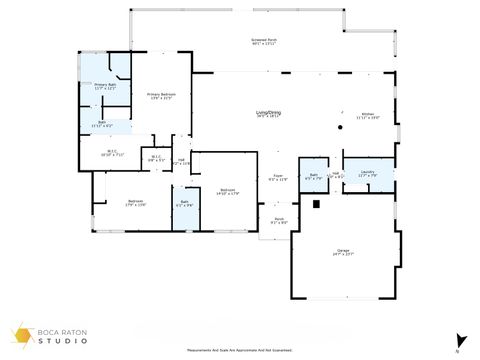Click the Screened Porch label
click(x=264, y=41)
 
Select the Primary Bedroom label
click(x=160, y=96)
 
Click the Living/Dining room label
click(x=268, y=114)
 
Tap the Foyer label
click(x=279, y=178)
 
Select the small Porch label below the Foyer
click(x=279, y=221)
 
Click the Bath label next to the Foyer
click(x=313, y=177)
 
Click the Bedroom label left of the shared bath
click(x=135, y=204)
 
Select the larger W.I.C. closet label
click(x=111, y=154)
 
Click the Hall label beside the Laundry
click(x=337, y=175)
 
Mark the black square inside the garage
click(x=316, y=204)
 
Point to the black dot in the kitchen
click(x=340, y=128)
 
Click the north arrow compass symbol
click(x=461, y=340)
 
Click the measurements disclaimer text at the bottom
click(x=239, y=350)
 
